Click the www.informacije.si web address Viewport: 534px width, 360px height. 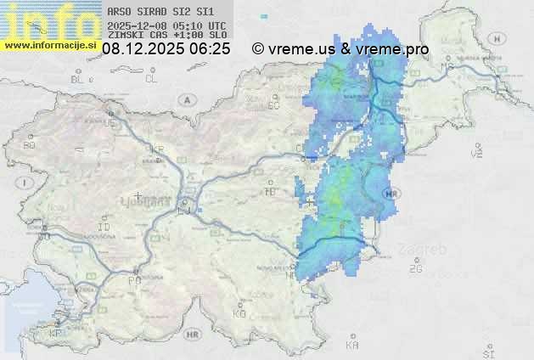[x=51, y=43]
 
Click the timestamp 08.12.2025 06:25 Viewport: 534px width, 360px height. [x=166, y=49]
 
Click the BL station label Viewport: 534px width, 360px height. [x=79, y=79]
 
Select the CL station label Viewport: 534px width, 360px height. [x=151, y=79]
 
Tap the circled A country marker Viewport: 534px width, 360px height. [x=186, y=98]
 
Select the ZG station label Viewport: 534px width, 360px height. [x=415, y=269]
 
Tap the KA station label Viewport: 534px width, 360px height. [x=352, y=346]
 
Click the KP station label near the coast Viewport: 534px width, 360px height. [x=56, y=333]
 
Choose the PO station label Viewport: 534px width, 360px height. [x=133, y=279]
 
